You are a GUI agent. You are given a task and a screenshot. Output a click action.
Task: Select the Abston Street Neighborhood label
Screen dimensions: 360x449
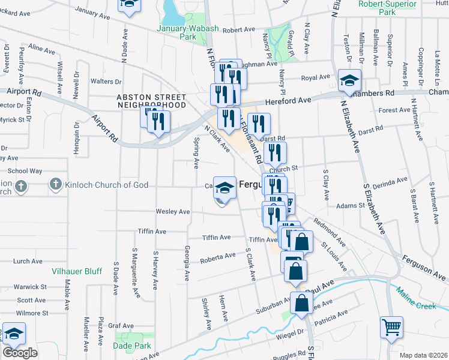click(151, 100)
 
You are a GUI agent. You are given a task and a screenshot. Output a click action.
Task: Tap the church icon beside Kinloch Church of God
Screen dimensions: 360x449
click(55, 185)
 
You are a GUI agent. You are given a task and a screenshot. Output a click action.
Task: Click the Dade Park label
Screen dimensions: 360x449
click(131, 346)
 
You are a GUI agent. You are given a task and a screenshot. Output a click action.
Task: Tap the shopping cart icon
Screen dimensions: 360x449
click(391, 328)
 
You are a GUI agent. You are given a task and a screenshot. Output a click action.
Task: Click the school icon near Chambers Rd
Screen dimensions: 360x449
click(349, 80)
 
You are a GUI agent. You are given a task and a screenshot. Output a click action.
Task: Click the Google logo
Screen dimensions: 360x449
click(20, 353)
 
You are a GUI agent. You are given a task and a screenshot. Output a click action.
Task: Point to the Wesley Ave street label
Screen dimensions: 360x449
click(173, 212)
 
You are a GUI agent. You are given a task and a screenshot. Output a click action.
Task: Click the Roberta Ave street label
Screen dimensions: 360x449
click(218, 257)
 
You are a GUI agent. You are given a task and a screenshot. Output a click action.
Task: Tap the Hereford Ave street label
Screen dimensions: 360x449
click(291, 101)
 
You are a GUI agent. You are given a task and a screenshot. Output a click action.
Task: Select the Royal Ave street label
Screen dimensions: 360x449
click(316, 77)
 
